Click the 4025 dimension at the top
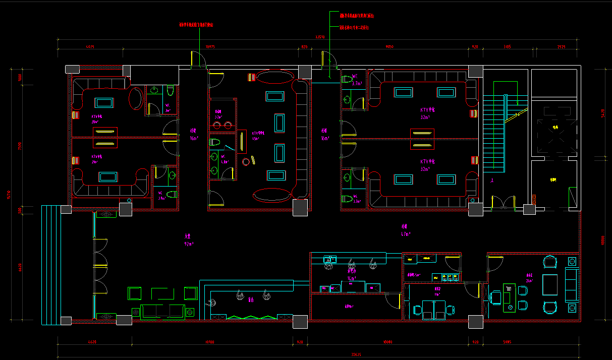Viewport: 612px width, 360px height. (90, 47)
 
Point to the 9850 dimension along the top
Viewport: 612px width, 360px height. (389, 47)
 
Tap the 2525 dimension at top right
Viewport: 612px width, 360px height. (561, 47)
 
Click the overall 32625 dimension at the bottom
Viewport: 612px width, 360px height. (356, 354)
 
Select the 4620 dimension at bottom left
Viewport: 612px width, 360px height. (92, 342)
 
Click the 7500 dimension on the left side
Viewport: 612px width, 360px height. (20, 146)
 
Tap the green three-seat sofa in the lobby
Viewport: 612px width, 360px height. (162, 312)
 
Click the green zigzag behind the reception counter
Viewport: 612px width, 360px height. (250, 317)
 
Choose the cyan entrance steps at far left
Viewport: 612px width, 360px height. (50, 264)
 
